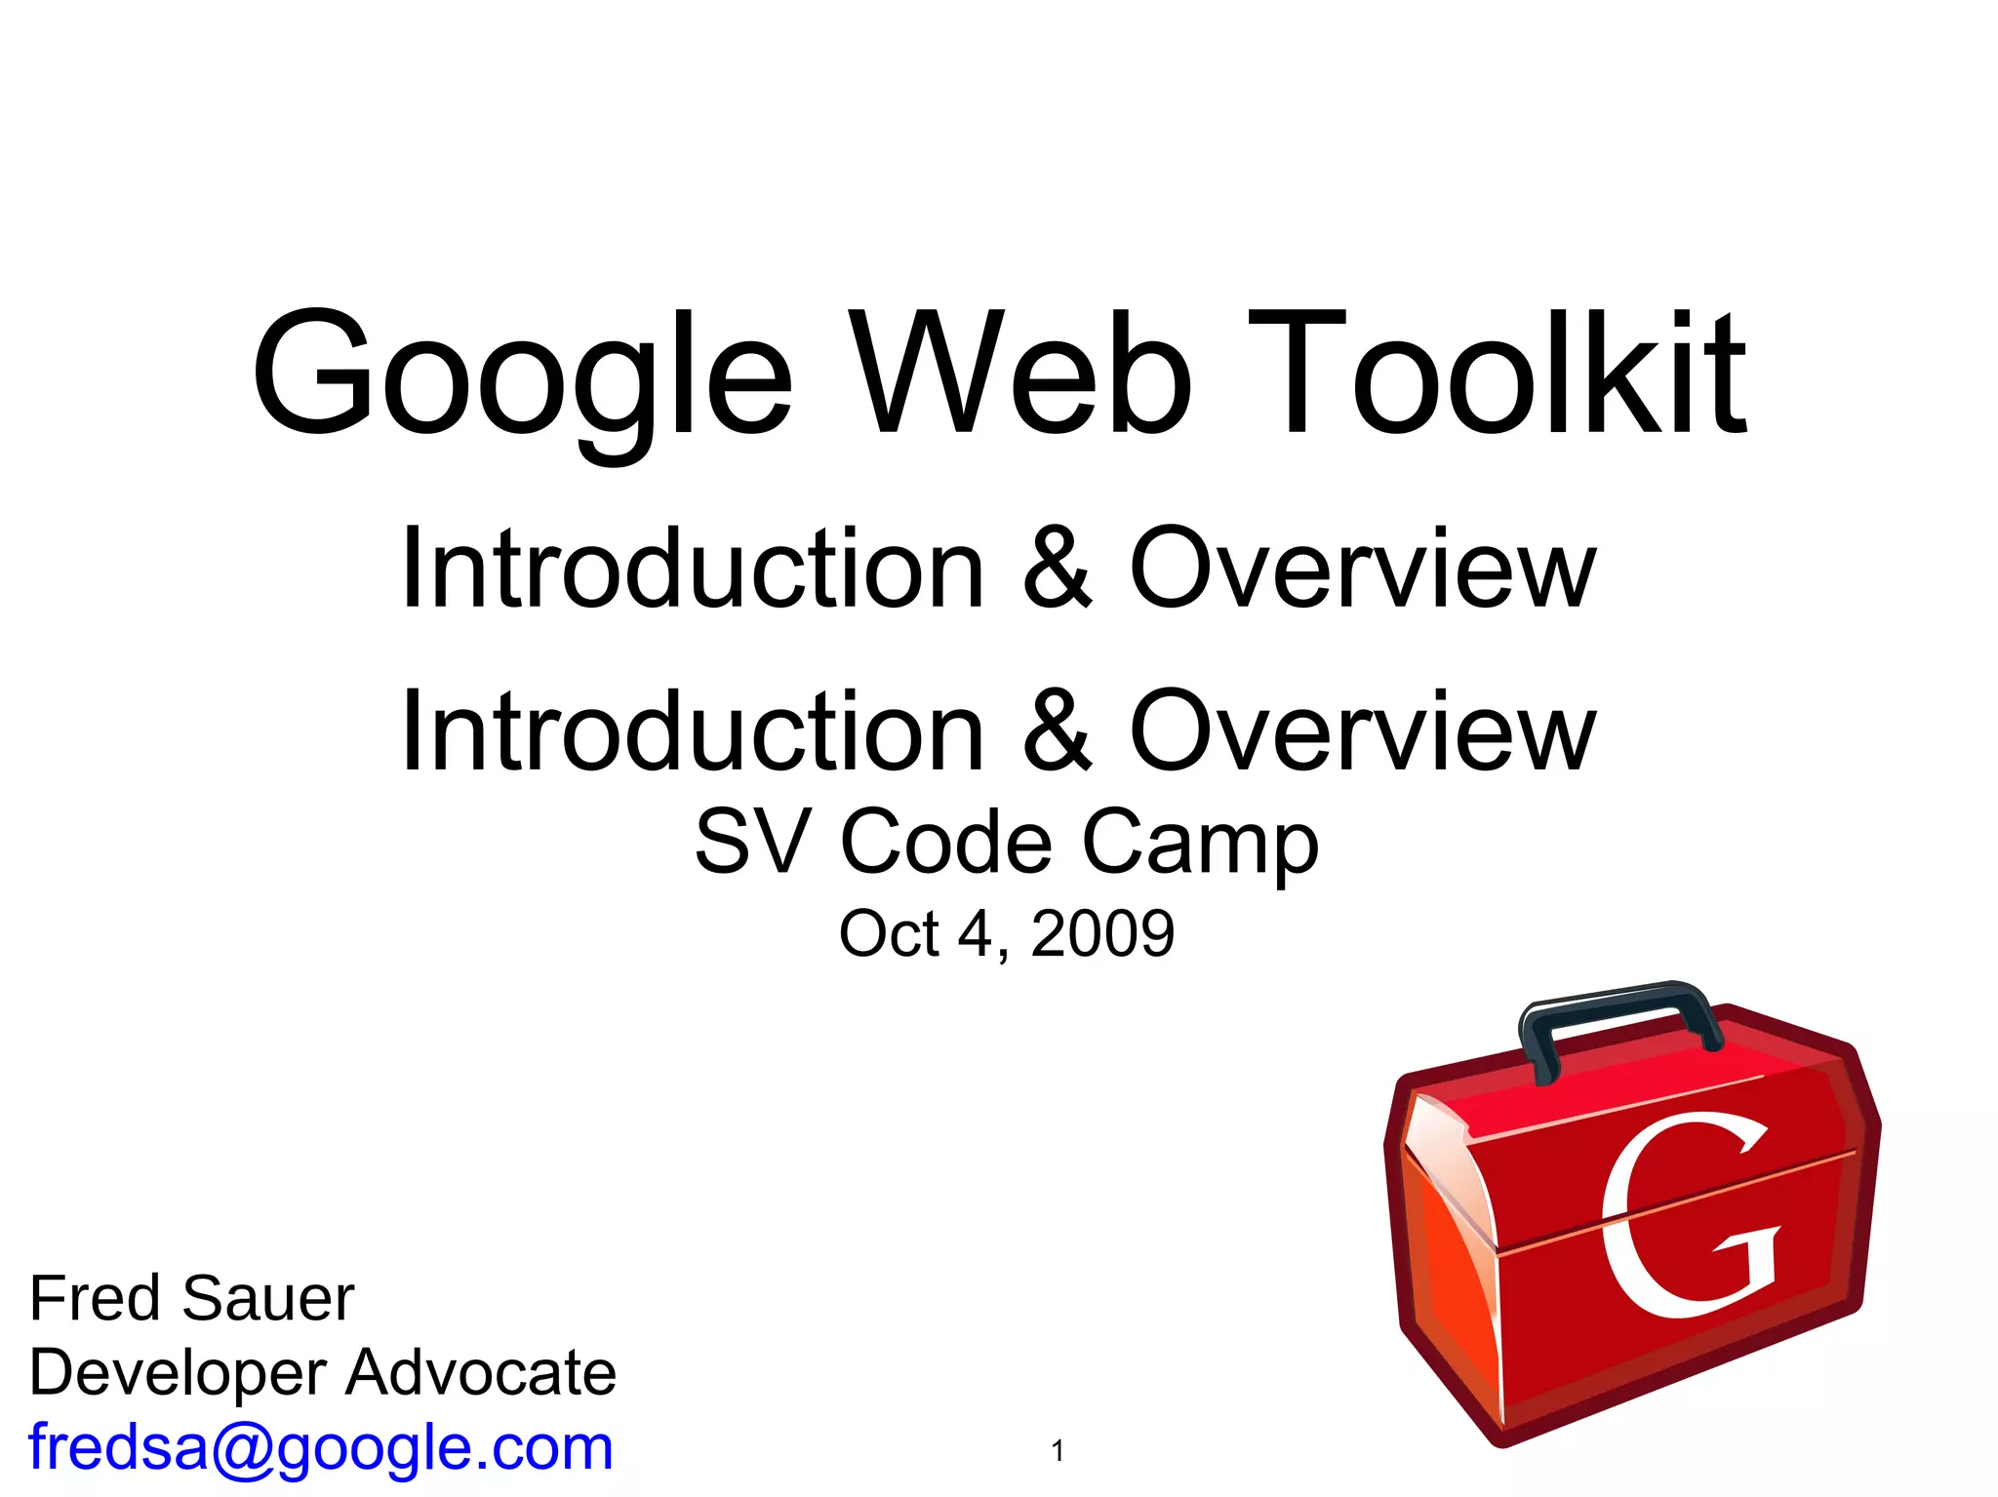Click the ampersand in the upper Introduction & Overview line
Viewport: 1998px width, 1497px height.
coord(1058,569)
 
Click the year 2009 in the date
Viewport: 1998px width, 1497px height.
coord(1102,933)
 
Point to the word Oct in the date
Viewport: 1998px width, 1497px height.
coord(888,933)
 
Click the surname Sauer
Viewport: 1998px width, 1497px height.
coord(268,1298)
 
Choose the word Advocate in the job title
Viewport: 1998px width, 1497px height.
coord(481,1372)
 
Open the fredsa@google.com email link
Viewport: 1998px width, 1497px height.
coord(321,1447)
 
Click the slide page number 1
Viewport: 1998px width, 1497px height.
coord(1058,1451)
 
